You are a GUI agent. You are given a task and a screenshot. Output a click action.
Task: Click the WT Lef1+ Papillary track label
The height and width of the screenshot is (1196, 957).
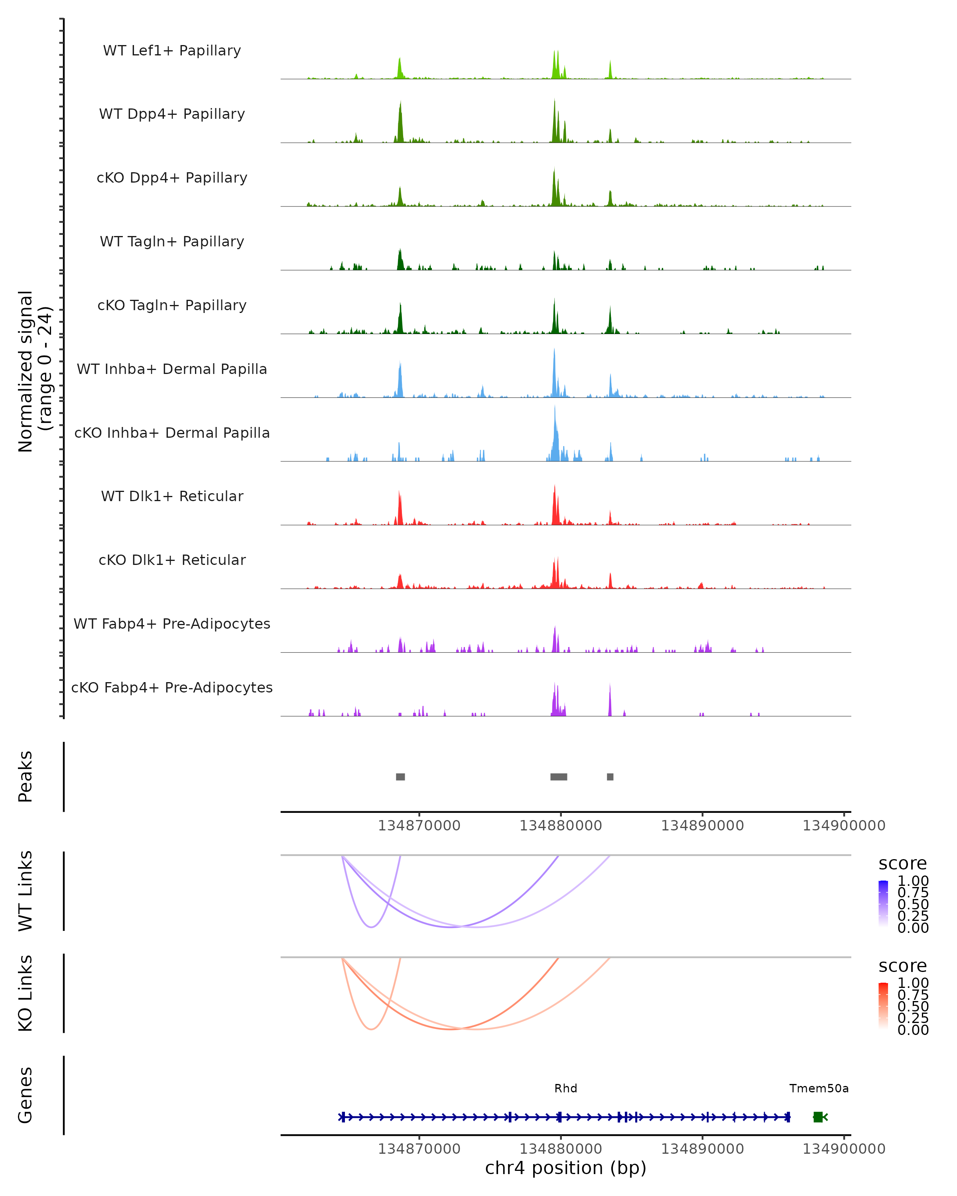[x=172, y=51]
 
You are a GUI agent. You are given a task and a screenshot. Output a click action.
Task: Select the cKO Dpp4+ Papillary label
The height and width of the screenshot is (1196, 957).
[x=172, y=178]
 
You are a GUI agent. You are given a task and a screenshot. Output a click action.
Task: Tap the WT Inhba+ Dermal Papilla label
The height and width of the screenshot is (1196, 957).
[x=172, y=370]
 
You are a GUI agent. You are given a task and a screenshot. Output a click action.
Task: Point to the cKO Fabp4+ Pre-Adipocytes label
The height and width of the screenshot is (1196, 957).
[x=172, y=688]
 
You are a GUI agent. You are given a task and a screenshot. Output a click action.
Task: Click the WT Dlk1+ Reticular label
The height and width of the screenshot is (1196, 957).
[x=172, y=496]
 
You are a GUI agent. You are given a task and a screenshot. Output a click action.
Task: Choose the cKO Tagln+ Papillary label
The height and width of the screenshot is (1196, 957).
[x=172, y=306]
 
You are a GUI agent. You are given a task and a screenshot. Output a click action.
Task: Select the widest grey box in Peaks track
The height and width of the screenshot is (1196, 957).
[x=558, y=777]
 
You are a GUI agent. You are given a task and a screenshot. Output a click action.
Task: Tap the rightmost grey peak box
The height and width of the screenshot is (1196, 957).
[x=610, y=777]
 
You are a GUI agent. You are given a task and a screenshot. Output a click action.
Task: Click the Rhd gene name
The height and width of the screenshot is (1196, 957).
[x=565, y=1088]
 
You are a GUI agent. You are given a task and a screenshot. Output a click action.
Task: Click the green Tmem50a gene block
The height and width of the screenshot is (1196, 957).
[x=818, y=1117]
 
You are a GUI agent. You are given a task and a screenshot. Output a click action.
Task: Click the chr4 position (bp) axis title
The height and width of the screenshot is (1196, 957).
[x=565, y=1168]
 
